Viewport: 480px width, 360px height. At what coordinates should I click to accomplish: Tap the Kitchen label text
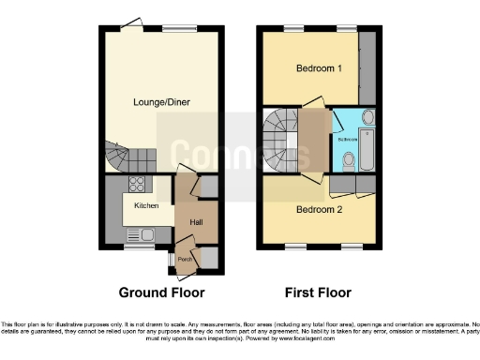[x=145, y=204]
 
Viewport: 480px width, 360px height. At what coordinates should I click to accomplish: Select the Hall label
[x=196, y=221]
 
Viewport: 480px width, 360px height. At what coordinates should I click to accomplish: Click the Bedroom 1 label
[x=313, y=68]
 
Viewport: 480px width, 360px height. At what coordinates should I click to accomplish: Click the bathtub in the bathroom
[x=367, y=150]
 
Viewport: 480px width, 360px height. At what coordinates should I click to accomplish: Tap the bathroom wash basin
[x=367, y=117]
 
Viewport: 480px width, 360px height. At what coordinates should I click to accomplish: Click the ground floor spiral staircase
[x=118, y=157]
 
